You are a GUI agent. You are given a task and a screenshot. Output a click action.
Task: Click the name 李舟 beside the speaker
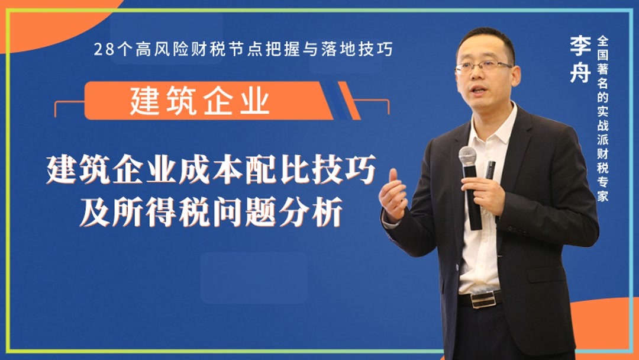580,59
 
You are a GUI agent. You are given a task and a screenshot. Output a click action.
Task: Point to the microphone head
467,156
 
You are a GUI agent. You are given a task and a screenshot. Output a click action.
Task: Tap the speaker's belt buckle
483,300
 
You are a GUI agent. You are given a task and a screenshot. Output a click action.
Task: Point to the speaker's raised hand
393,195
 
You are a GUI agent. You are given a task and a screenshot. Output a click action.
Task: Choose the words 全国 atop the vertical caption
603,47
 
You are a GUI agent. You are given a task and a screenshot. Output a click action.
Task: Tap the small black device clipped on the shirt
490,170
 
